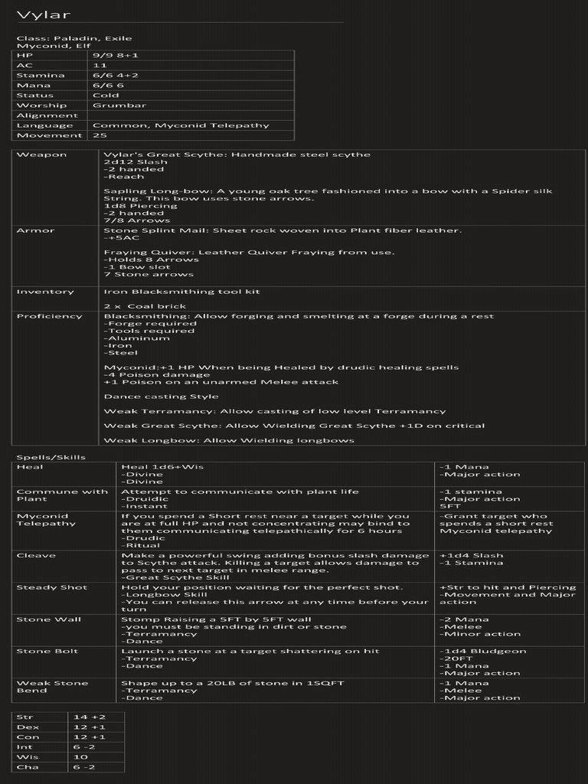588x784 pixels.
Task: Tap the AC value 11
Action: (100, 66)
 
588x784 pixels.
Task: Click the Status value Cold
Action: (106, 96)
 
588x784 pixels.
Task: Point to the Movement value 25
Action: (100, 136)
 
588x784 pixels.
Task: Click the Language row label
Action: (45, 126)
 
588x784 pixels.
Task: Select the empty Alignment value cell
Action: (191, 116)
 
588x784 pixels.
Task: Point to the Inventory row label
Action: (45, 292)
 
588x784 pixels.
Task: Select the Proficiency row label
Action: (49, 316)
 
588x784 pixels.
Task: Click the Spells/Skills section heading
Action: (51, 457)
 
